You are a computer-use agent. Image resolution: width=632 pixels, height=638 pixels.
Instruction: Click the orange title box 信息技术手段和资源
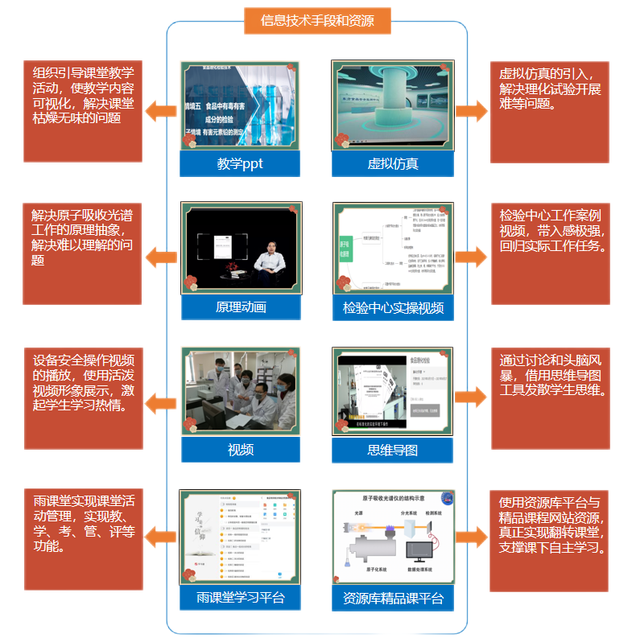317,21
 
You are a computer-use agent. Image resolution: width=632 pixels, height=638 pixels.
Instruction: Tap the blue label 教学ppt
240,164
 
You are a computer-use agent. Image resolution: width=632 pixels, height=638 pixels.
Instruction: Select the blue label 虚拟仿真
393,164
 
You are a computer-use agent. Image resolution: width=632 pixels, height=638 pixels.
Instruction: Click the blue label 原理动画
241,307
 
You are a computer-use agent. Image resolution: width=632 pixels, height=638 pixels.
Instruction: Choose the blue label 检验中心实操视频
393,307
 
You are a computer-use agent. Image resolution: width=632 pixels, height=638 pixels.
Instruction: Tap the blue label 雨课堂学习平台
241,598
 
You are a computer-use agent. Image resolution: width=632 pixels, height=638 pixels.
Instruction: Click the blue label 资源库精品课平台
393,598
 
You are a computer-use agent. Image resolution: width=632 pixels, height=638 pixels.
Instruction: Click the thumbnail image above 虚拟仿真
393,105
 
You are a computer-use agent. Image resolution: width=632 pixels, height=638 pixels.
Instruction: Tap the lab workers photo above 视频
241,391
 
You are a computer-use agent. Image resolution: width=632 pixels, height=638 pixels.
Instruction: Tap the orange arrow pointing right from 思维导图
472,397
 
